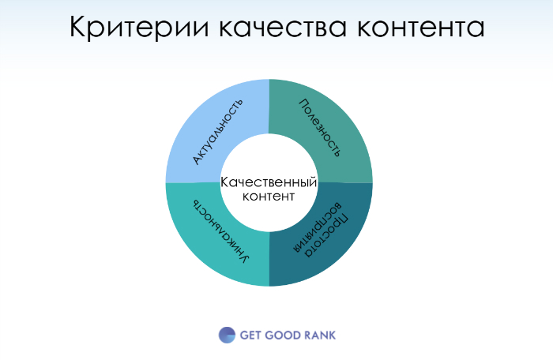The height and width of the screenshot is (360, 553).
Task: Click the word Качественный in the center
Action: click(269, 182)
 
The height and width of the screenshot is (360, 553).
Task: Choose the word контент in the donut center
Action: click(269, 196)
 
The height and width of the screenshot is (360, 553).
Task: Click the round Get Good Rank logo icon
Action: click(227, 335)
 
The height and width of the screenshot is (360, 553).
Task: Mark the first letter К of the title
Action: click(79, 28)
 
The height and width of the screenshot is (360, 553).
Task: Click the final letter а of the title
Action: click(476, 30)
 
